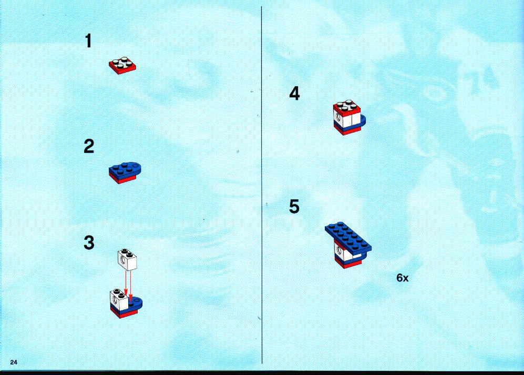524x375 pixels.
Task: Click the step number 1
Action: [88, 41]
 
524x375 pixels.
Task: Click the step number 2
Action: [89, 147]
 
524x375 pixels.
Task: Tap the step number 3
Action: [89, 243]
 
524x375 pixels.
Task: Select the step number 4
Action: [294, 93]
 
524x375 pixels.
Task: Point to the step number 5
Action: [294, 206]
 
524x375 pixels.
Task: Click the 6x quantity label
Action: [403, 278]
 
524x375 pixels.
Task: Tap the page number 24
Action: [14, 362]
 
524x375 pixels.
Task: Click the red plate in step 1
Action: [122, 66]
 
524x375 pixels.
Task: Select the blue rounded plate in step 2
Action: [125, 169]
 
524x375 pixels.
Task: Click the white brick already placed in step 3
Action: [119, 299]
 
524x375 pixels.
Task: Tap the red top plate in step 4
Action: [347, 108]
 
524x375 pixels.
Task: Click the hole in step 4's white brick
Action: [339, 117]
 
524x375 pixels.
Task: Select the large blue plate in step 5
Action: [348, 237]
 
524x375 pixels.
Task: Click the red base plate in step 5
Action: [348, 263]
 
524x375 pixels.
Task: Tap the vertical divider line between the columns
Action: [262, 185]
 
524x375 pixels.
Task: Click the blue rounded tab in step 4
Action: [364, 120]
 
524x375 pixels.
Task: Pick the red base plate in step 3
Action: [124, 313]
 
